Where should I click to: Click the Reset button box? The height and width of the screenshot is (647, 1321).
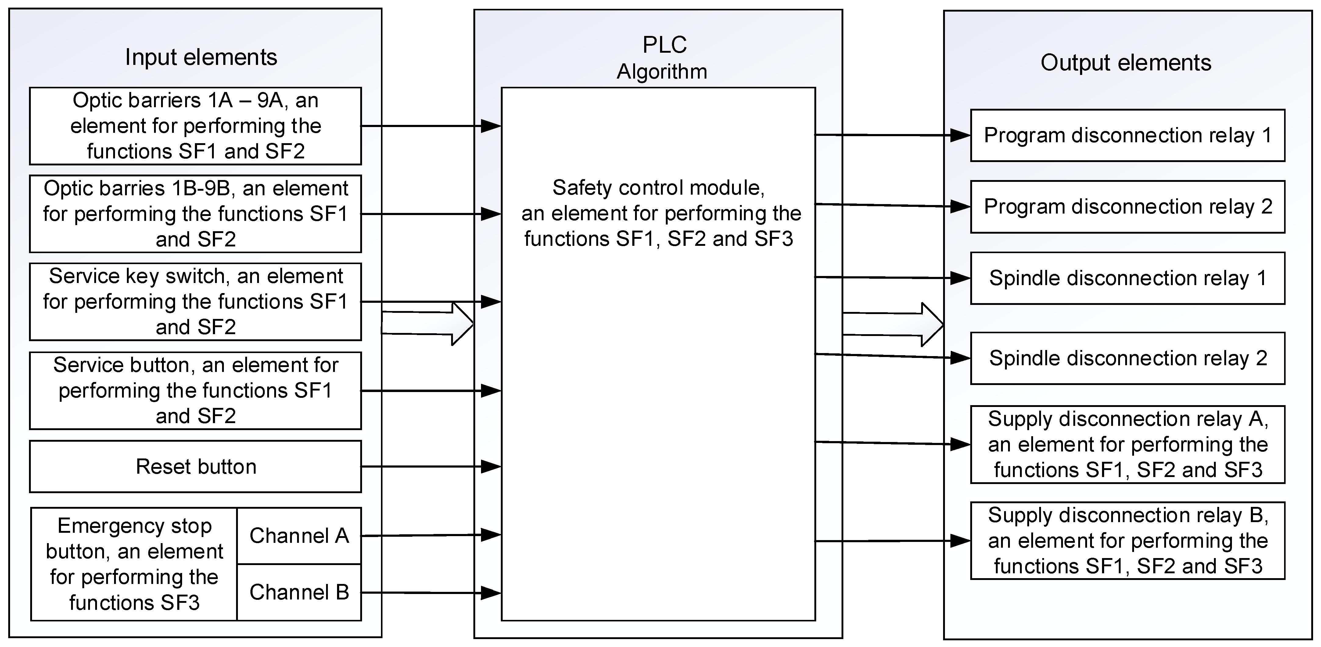(x=196, y=467)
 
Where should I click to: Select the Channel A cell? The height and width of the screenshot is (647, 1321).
(x=299, y=536)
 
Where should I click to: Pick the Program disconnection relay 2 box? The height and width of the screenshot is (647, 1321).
(x=1127, y=207)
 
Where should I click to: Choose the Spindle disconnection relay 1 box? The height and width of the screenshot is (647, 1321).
(x=1127, y=278)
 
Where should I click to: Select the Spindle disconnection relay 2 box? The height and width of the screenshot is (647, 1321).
(x=1127, y=359)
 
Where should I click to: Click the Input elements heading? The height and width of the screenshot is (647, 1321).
(x=201, y=57)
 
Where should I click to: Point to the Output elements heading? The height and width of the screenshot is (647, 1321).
(x=1125, y=62)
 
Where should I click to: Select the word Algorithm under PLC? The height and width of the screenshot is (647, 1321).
(x=662, y=72)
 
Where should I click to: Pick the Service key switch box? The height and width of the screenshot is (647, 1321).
(x=196, y=302)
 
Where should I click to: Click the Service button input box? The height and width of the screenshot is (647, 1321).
(x=196, y=390)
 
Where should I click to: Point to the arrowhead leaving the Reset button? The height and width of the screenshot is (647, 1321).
(x=491, y=467)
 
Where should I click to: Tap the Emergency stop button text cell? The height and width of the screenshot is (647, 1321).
(x=134, y=564)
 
